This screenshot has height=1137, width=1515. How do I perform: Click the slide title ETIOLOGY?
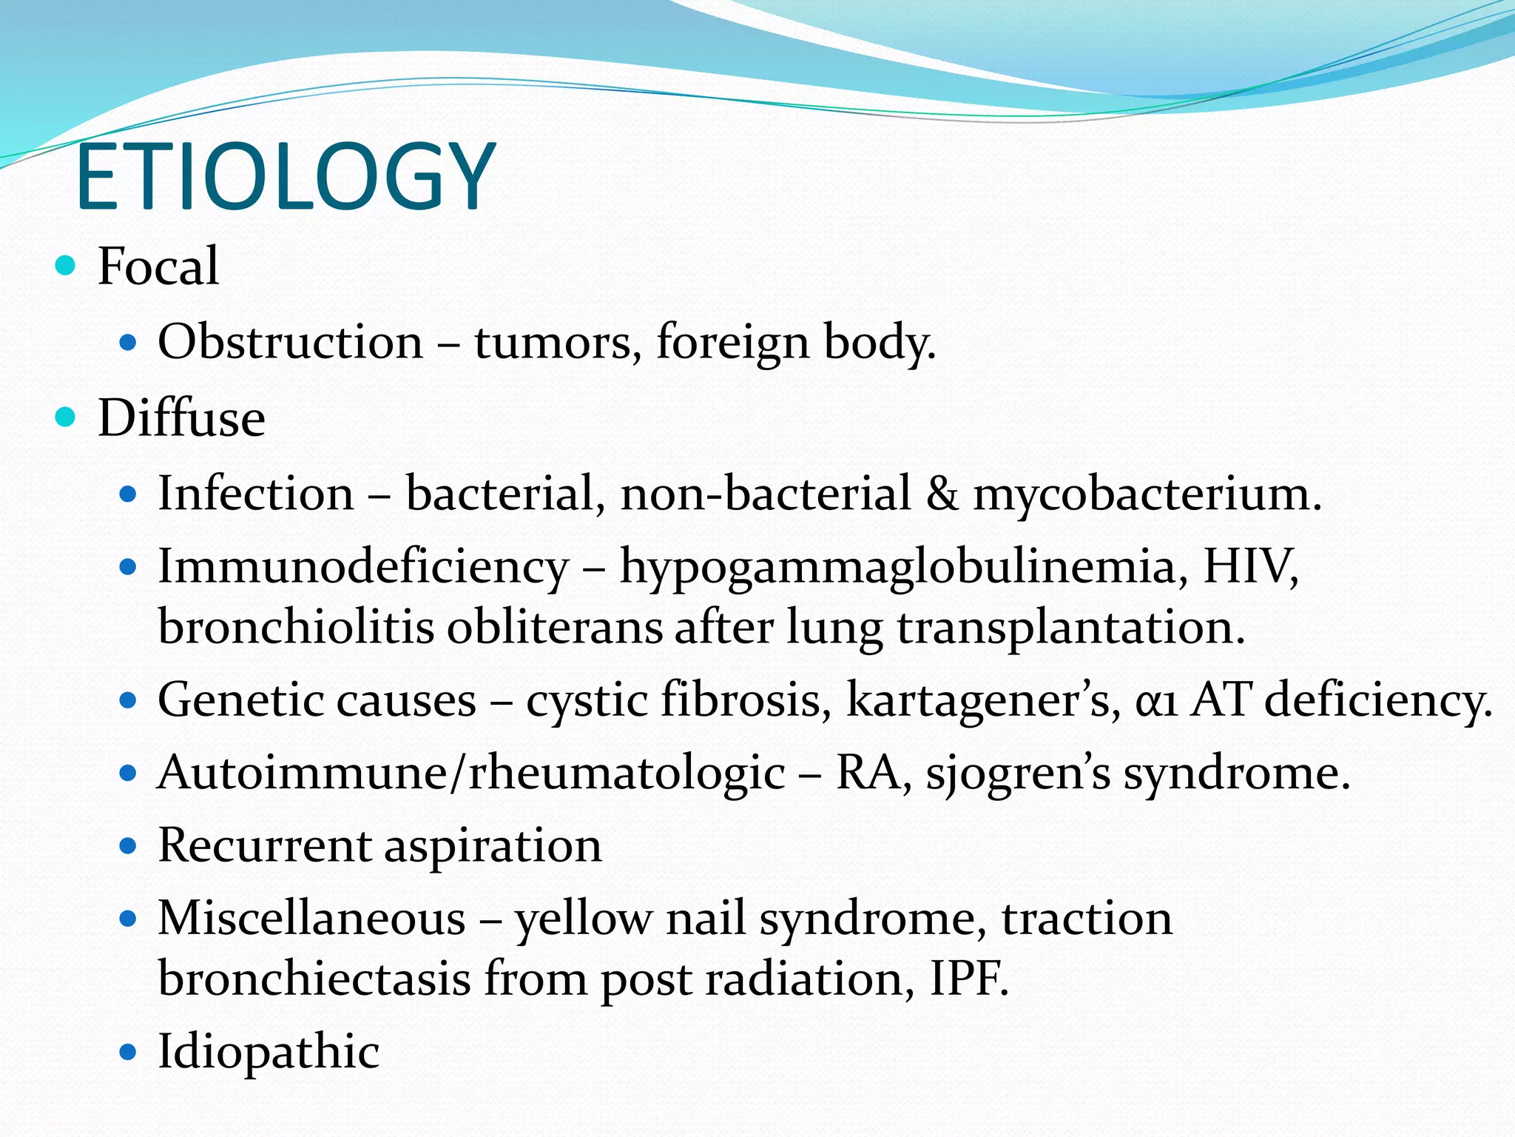[x=285, y=178]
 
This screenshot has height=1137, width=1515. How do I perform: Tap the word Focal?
[x=158, y=266]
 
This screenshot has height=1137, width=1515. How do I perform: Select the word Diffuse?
[x=181, y=418]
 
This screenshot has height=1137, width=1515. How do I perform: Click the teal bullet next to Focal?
[x=66, y=265]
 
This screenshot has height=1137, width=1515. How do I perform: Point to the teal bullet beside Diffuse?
[x=66, y=417]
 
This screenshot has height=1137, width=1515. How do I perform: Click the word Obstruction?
[x=290, y=342]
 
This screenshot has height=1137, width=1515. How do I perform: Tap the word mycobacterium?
[x=1147, y=494]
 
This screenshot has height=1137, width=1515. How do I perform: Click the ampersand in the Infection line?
[x=942, y=494]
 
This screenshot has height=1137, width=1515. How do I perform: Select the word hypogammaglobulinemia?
[x=897, y=568]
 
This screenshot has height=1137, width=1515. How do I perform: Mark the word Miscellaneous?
[x=311, y=919]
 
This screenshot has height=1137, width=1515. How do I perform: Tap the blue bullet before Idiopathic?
[x=129, y=1051]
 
